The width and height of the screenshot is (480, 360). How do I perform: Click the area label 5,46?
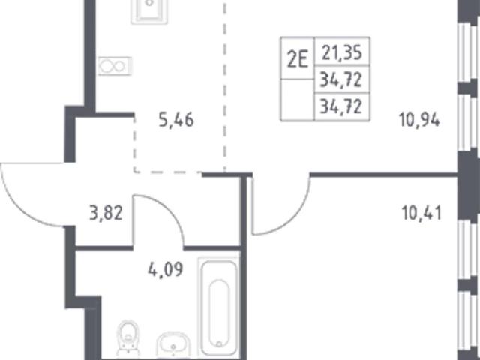point(176,120)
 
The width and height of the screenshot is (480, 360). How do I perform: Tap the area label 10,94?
point(419,120)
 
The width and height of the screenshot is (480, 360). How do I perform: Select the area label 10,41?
point(421,213)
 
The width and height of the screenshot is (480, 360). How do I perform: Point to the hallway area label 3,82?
point(106,213)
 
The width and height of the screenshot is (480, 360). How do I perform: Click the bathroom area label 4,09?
point(166,270)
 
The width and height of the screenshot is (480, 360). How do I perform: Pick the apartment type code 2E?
point(297,60)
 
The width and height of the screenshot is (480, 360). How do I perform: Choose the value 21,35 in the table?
point(342,52)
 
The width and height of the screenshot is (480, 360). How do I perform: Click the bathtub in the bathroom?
point(218,307)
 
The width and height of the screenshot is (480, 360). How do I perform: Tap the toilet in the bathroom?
point(128,338)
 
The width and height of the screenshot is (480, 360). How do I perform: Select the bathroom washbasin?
point(173,345)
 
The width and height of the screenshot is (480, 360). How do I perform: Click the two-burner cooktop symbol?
point(115,66)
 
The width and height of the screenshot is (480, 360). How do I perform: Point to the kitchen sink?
point(149,11)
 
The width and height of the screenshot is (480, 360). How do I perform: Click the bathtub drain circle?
point(219,343)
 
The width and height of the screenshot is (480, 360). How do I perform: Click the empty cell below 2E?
point(297,100)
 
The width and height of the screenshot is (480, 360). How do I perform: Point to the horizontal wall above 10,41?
point(384,175)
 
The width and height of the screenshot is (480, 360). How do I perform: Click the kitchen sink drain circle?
point(149,3)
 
